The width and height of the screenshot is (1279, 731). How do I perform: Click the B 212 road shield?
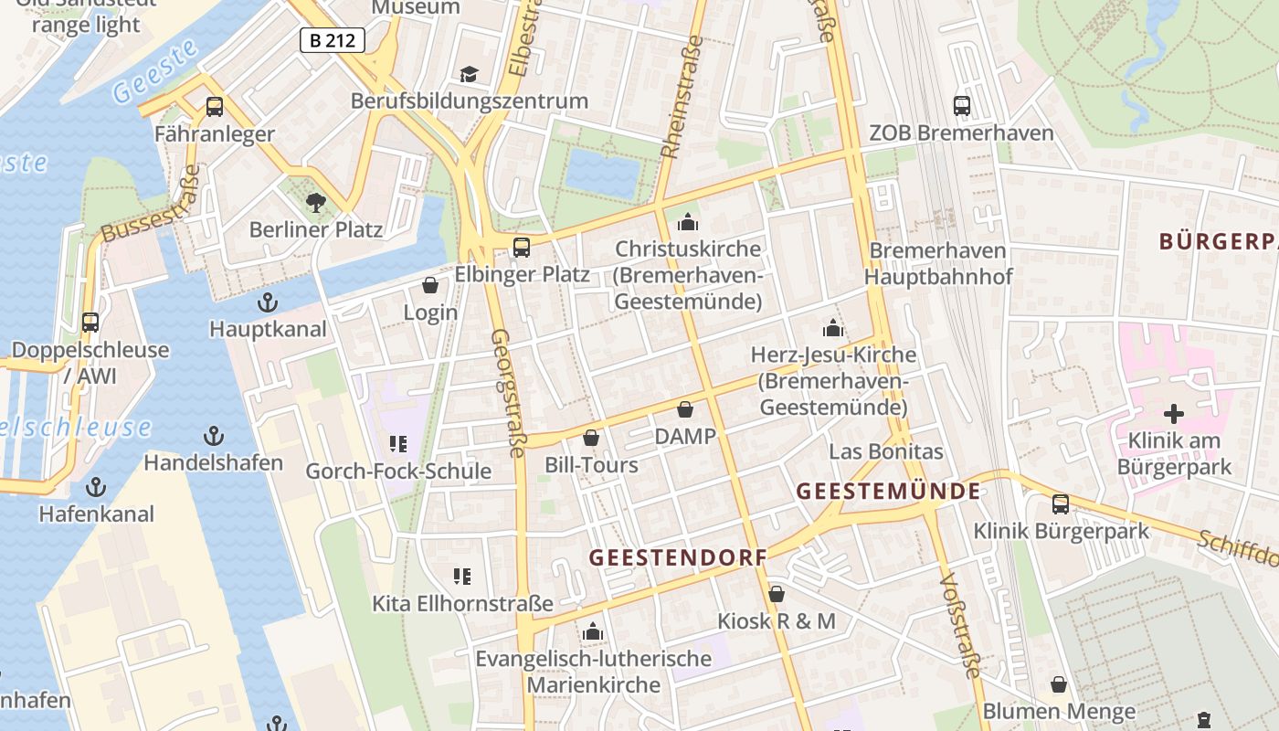333,39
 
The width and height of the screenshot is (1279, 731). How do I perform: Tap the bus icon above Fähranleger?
215,107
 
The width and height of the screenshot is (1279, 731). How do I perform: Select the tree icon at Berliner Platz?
316,202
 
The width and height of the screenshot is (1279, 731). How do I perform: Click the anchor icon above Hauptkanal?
268,302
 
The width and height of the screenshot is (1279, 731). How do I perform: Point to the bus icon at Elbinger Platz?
522,247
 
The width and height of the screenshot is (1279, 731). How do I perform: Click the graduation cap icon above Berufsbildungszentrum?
469,74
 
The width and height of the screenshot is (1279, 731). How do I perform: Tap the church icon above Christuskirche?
688,222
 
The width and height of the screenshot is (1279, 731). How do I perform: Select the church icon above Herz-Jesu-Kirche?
832,327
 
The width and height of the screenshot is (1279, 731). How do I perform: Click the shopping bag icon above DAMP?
685,409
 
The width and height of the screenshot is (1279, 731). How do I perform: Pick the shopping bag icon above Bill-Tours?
591,439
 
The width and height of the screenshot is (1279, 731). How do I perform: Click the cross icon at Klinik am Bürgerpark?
1174,414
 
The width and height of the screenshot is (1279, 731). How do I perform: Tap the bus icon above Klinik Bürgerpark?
1061,503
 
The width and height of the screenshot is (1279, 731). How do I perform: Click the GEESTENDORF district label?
678,557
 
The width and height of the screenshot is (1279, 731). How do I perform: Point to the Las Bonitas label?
885,451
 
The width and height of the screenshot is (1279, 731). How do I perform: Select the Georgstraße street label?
509,392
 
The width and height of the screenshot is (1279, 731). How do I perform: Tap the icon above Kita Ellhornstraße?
462,576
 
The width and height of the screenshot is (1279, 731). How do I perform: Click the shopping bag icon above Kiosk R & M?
777,594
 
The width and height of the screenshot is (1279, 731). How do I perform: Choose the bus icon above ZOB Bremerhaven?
962,105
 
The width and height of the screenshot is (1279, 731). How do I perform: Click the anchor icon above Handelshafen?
214,435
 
